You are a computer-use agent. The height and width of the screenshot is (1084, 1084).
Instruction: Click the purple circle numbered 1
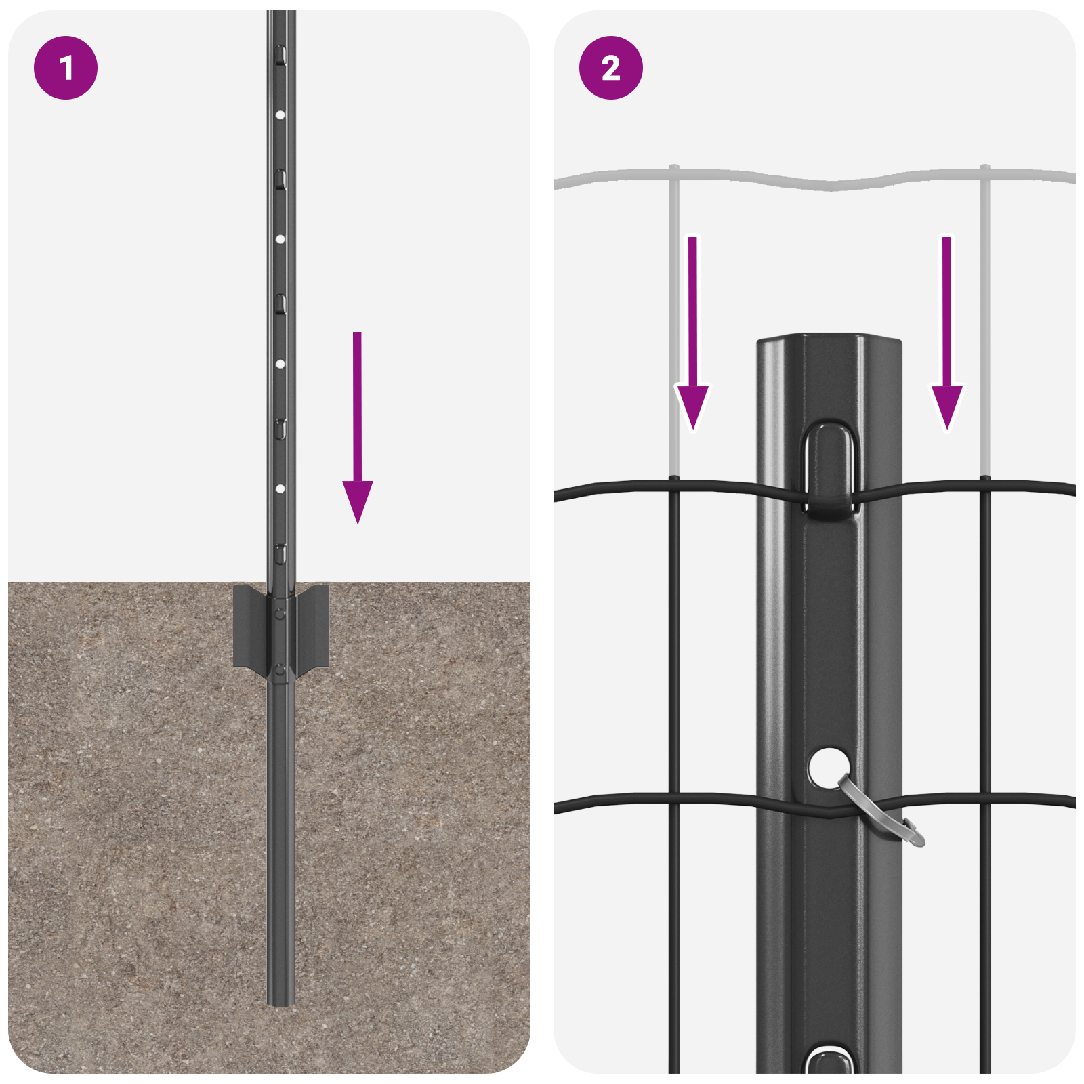[x=66, y=68]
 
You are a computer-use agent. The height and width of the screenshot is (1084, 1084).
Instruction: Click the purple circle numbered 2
[x=610, y=68]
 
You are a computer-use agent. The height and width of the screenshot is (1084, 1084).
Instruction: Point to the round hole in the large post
[x=828, y=767]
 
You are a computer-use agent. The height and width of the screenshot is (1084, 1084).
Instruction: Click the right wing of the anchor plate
[x=313, y=627]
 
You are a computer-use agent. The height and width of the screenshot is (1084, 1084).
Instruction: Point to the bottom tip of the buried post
[x=280, y=1001]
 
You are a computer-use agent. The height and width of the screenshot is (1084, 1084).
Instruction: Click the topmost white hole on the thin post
[x=280, y=115]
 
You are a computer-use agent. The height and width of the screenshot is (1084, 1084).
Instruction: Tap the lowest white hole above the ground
[x=280, y=488]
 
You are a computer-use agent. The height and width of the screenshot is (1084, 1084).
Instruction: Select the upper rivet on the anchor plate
[x=280, y=614]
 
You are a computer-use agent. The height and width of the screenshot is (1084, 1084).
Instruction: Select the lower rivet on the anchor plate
[x=280, y=671]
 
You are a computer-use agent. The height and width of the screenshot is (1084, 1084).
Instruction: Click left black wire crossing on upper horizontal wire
[x=674, y=483]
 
